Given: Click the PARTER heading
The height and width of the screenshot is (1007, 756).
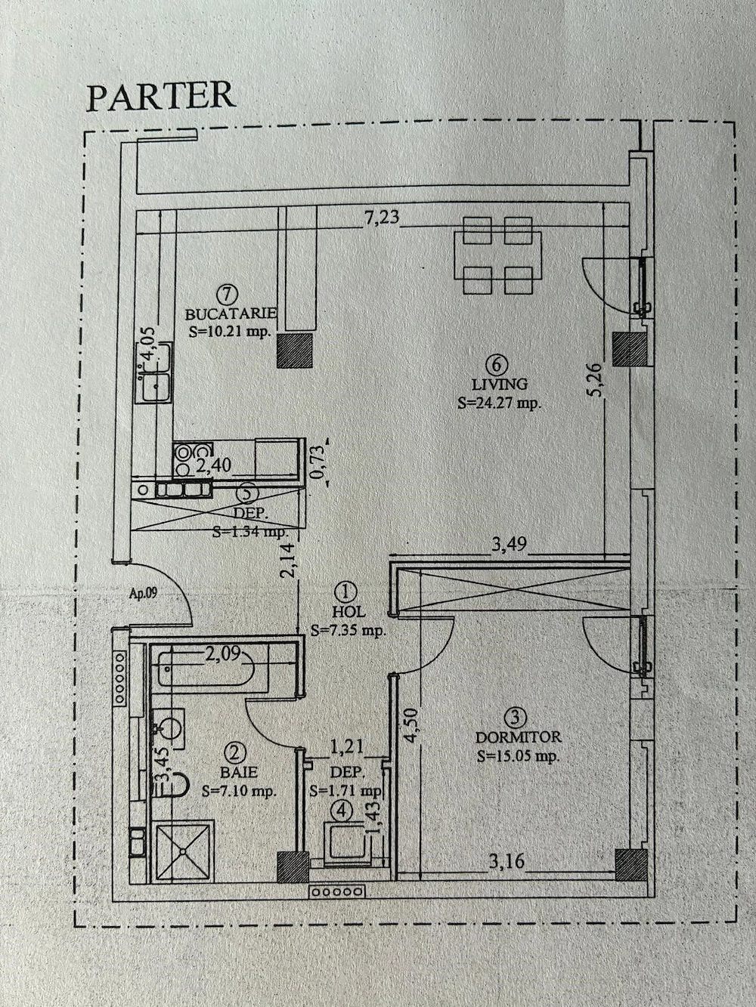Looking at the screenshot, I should [x=161, y=96].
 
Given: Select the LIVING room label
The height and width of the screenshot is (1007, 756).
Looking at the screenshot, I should [x=498, y=384].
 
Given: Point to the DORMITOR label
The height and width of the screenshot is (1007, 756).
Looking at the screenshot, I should [x=518, y=737].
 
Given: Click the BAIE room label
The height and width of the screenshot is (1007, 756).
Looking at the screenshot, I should [x=238, y=772].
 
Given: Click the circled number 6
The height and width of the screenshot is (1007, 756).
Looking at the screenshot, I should [x=497, y=365].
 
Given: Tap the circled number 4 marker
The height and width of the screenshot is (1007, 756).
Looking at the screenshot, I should [x=344, y=811].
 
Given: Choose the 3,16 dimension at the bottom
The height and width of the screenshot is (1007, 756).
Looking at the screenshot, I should [x=507, y=860].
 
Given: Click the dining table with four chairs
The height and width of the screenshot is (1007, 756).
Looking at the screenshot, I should [x=497, y=256].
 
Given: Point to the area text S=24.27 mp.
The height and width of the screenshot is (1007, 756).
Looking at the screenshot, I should [x=500, y=403].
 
